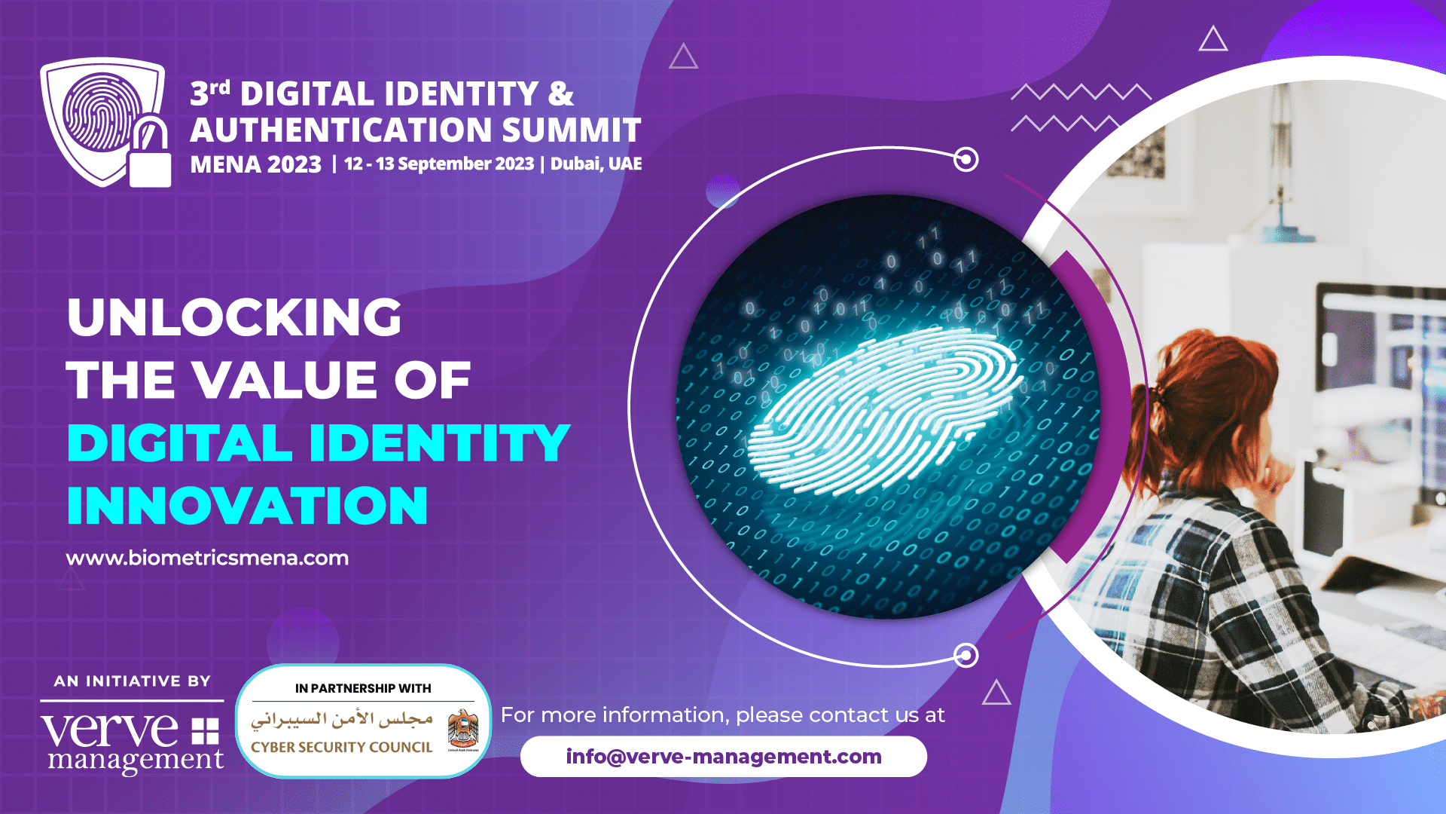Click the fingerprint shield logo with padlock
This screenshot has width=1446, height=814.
pyautogui.click(x=105, y=123)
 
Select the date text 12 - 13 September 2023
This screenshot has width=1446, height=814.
pyautogui.click(x=439, y=164)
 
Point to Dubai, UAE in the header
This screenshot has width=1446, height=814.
pyautogui.click(x=596, y=164)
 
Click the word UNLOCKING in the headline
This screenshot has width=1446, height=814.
pyautogui.click(x=234, y=317)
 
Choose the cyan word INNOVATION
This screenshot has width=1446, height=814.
pyautogui.click(x=247, y=505)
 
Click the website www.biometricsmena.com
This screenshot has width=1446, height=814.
pyautogui.click(x=207, y=558)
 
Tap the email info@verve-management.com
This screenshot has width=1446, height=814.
pyautogui.click(x=724, y=756)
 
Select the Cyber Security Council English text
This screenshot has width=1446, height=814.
pyautogui.click(x=342, y=747)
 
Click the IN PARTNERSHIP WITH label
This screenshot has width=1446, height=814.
pyautogui.click(x=363, y=688)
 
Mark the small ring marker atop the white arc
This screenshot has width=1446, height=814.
pyautogui.click(x=966, y=159)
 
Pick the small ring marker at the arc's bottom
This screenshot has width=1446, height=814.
pyautogui.click(x=966, y=655)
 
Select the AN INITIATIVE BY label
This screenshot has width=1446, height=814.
pyautogui.click(x=133, y=681)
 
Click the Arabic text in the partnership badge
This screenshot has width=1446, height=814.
pyautogui.click(x=342, y=720)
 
